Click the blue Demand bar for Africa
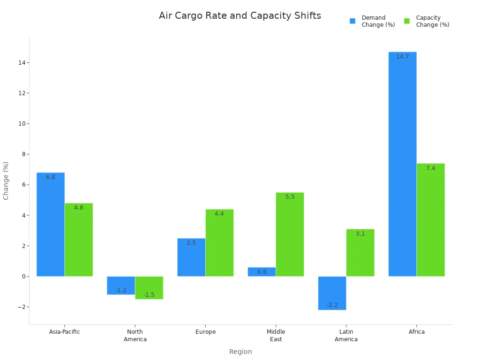tap(402, 164)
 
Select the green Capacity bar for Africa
tap(430, 220)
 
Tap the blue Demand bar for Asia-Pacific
tap(51, 225)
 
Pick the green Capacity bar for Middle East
tap(290, 234)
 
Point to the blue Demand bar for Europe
tap(191, 257)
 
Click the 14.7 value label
tap(402, 57)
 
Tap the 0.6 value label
tap(262, 272)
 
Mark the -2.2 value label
tap(332, 305)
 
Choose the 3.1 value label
tap(360, 234)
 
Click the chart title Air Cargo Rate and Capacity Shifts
tap(240, 16)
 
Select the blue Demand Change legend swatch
tap(352, 21)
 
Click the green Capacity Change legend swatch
tap(407, 21)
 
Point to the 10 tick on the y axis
tap(22, 124)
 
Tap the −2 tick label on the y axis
tap(20, 307)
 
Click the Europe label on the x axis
tap(205, 332)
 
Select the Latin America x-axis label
tap(346, 336)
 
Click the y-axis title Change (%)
tap(6, 180)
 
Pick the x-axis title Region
tap(240, 352)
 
